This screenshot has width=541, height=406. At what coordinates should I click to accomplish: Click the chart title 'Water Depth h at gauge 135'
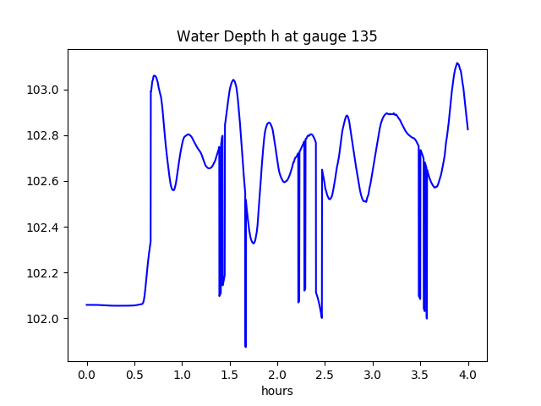[276, 36]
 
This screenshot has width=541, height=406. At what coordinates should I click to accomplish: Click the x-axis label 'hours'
[276, 392]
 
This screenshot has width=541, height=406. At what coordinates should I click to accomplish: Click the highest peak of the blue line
[457, 63]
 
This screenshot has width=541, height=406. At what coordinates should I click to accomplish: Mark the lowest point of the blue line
[245, 346]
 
